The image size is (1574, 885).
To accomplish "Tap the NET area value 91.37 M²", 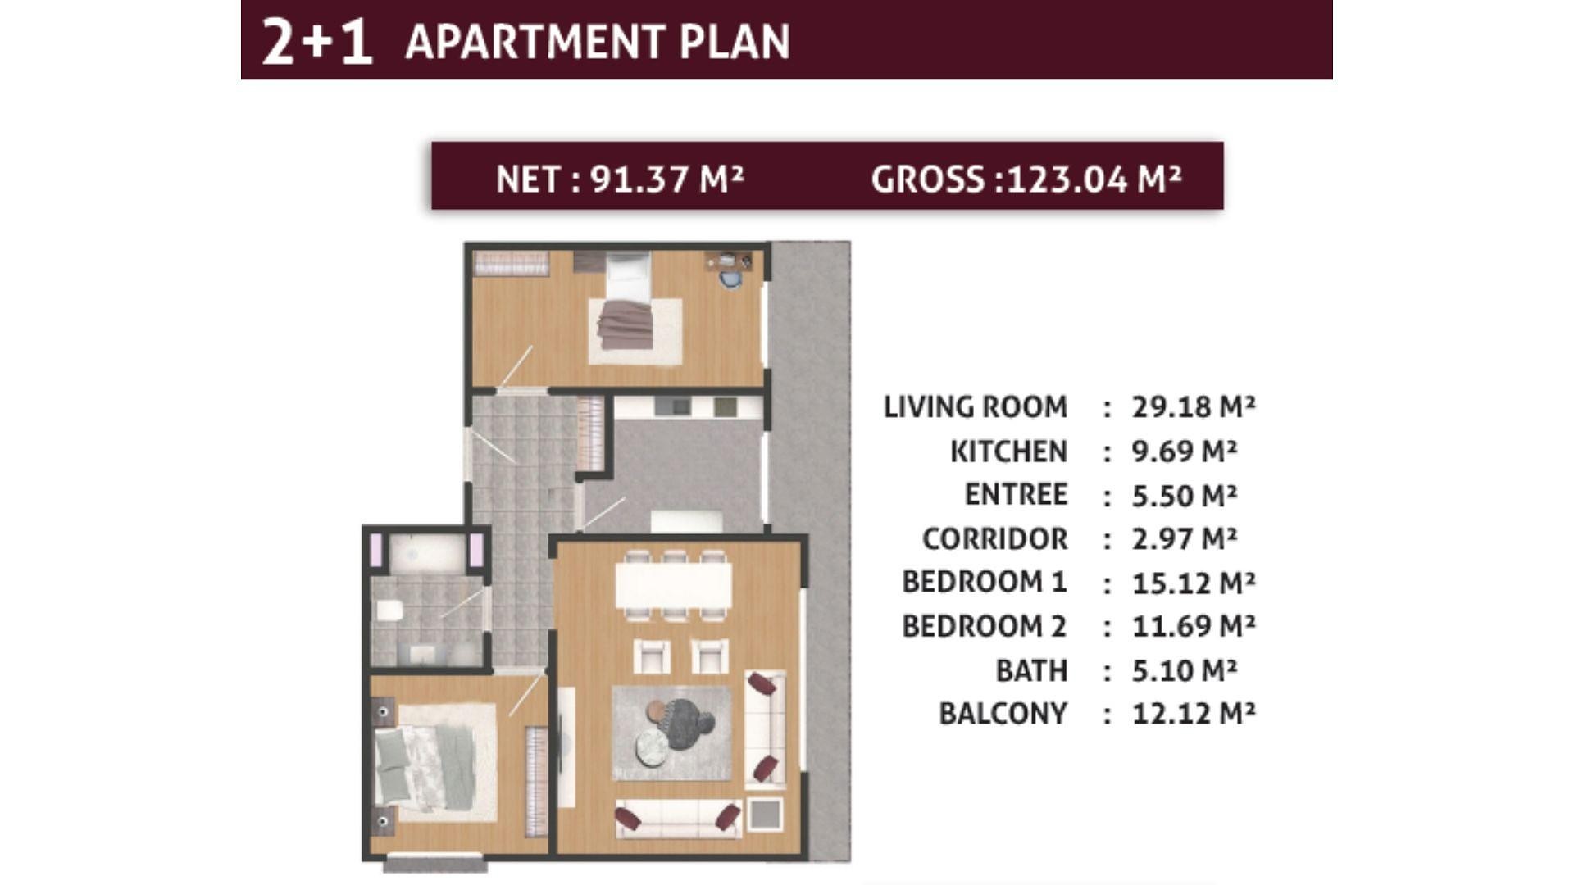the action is point(666,179).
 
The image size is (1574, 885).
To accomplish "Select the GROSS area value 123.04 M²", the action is point(1094,179).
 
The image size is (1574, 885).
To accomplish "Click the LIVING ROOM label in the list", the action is point(976,406).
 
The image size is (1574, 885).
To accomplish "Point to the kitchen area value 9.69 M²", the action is point(1185,451).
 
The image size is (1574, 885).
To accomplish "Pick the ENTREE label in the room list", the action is point(1016,494).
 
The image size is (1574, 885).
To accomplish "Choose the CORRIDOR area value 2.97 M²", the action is point(1185,538).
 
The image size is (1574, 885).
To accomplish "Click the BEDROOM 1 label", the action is point(985,582).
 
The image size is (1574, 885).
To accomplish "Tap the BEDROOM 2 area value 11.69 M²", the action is point(1194,626).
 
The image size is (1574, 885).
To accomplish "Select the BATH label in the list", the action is point(1031,670).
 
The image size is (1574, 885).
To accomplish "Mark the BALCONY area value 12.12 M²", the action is point(1194,713).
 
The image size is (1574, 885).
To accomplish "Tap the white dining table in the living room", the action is point(673,584).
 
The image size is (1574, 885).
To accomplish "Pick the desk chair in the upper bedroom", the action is point(730,279).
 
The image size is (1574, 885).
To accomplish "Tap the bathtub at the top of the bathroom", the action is point(426,553).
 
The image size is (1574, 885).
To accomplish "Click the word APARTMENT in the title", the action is point(535,42).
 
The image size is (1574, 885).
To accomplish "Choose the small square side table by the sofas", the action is point(766,815).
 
